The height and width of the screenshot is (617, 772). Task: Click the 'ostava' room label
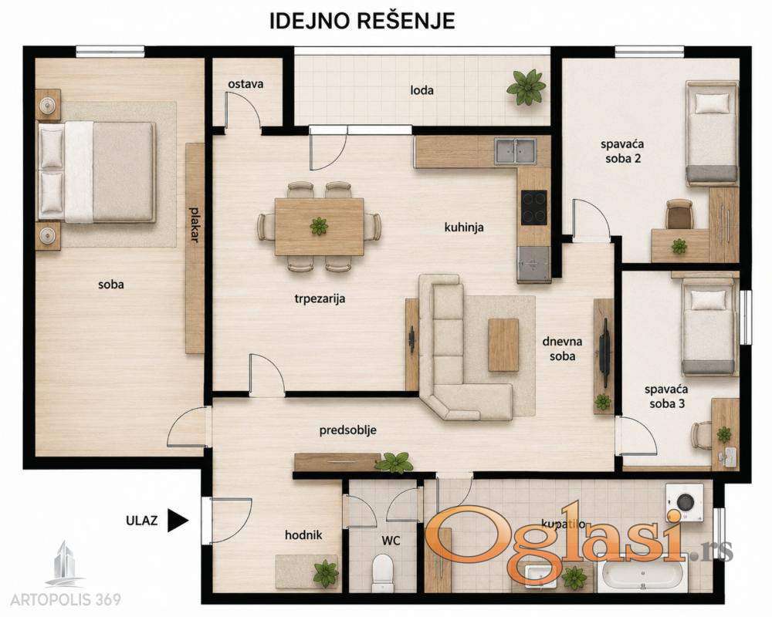[245, 84]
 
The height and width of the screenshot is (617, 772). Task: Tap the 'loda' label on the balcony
[422, 90]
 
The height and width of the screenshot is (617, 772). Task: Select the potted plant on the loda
[527, 87]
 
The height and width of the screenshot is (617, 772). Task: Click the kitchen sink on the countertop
[516, 150]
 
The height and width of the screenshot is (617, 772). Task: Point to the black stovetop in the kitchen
[534, 207]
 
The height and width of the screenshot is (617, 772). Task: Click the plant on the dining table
[319, 226]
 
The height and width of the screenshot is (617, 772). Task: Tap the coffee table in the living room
[503, 345]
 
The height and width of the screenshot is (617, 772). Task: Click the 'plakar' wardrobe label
[195, 225]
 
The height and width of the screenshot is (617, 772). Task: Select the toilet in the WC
[382, 571]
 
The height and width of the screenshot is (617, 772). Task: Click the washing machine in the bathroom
[684, 503]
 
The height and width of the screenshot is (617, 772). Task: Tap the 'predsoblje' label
[347, 430]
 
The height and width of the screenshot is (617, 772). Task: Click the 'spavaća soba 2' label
[623, 151]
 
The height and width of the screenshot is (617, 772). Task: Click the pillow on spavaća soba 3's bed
[709, 299]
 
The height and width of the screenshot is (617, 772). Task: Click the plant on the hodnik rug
[326, 573]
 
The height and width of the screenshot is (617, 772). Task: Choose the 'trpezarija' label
[320, 298]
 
